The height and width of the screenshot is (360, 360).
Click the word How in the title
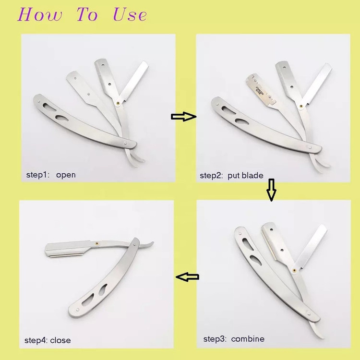40,14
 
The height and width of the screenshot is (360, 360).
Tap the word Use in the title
130,14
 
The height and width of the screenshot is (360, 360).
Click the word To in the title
87,14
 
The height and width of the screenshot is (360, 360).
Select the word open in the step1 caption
66,175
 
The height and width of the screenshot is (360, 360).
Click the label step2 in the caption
211,176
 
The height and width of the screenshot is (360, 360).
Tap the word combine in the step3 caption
248,339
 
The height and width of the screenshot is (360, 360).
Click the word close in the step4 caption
60,340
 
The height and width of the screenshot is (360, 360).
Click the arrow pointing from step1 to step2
183,117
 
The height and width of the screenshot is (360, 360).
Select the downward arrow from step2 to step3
271,190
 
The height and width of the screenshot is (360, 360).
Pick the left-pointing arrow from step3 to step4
187,277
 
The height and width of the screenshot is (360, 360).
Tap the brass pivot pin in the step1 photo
118,103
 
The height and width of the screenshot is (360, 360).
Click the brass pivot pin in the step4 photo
97,243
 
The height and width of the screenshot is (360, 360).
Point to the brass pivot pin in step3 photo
294,270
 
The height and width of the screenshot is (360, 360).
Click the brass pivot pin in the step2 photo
301,106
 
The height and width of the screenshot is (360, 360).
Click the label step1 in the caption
37,175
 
